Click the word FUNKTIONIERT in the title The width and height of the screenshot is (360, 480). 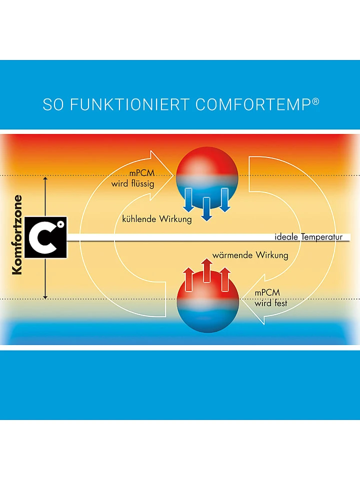point(130,104)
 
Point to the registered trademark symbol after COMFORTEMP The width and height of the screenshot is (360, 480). point(315,101)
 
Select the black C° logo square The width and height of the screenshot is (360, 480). point(45,237)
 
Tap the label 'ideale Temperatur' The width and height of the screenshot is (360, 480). point(308,237)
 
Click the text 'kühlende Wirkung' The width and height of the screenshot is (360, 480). point(157,219)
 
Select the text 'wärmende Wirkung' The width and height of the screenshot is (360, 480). point(250,255)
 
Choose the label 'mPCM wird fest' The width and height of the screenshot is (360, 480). point(271,298)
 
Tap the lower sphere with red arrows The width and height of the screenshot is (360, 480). point(207,305)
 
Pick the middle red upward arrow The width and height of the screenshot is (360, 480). point(207,270)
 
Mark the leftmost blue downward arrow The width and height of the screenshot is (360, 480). point(189,199)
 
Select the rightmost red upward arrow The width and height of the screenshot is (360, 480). point(225,278)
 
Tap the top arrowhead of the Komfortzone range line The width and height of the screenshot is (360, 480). point(45,178)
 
